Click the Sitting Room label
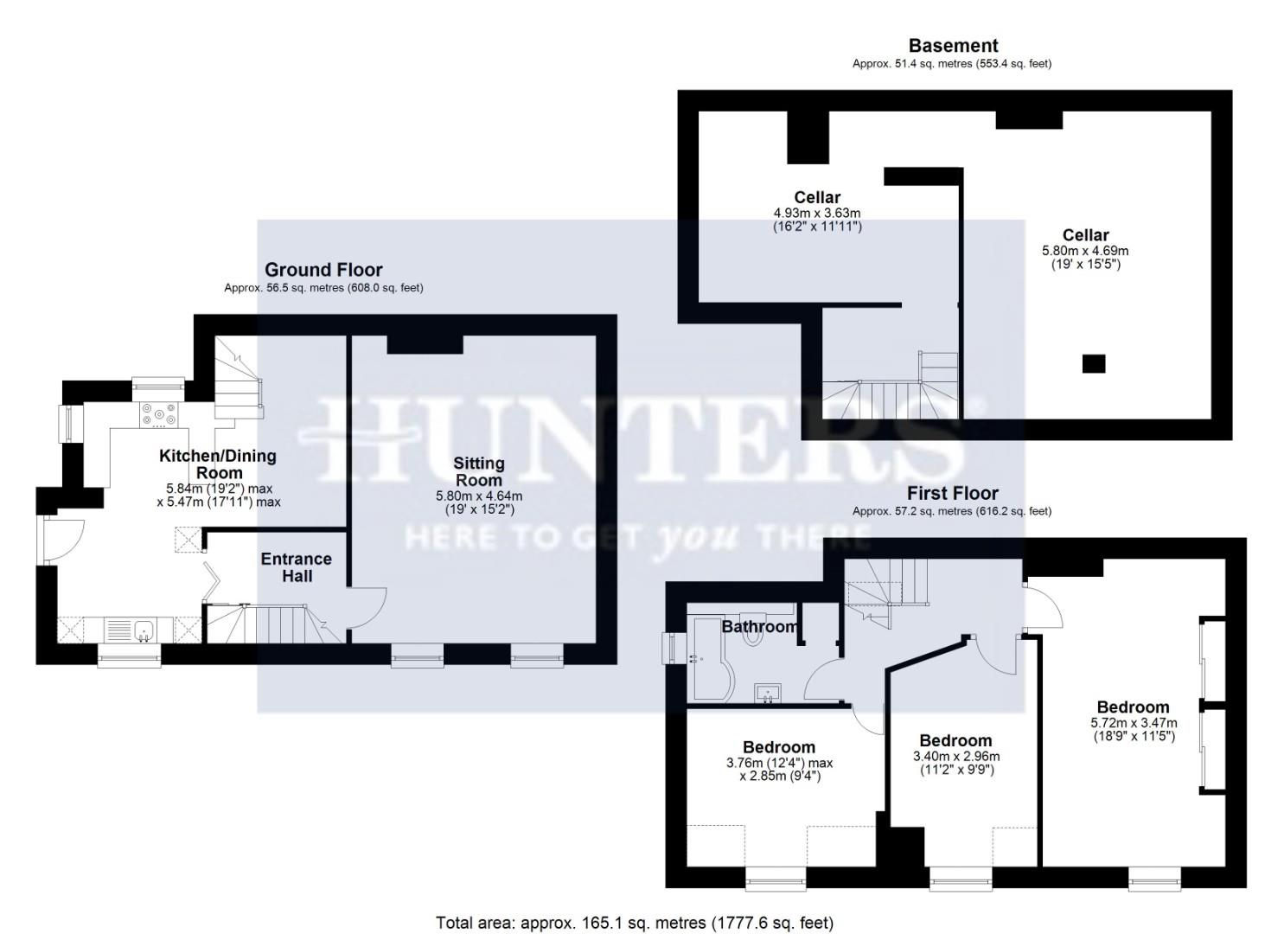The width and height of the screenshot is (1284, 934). (x=479, y=472)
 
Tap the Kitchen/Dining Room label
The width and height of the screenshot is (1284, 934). (x=218, y=464)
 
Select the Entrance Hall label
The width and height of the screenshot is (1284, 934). (x=297, y=567)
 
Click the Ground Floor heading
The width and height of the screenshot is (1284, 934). (x=323, y=270)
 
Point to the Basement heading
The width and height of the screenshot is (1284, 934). (x=953, y=46)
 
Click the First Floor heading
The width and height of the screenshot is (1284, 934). (x=952, y=493)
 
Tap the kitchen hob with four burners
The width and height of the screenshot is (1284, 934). (x=158, y=415)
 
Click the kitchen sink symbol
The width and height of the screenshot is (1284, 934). (x=144, y=629)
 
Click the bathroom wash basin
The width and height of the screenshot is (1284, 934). (x=768, y=693)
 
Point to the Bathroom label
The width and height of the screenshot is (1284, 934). (x=759, y=626)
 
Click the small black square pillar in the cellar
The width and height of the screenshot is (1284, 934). (x=1094, y=364)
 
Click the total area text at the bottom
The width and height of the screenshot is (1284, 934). (x=635, y=923)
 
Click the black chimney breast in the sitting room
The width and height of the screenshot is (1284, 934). (x=425, y=344)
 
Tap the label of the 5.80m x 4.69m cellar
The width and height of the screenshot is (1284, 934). (x=1085, y=234)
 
